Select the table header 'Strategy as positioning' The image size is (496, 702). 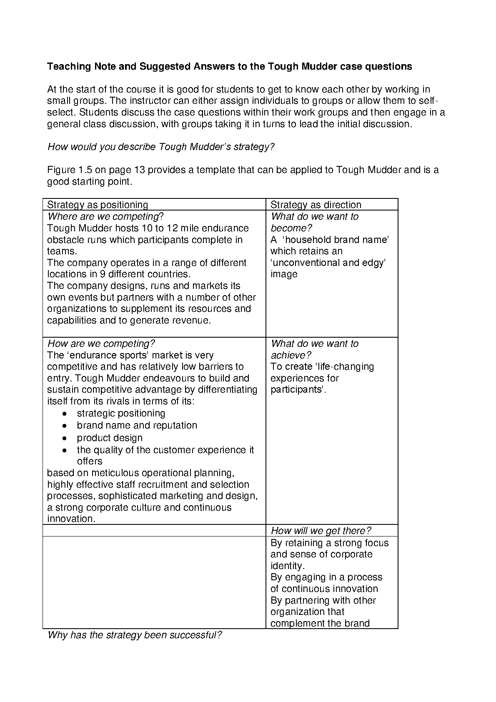click(x=98, y=205)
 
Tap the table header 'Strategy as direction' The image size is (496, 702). click(x=316, y=205)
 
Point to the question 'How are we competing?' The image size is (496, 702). click(x=101, y=343)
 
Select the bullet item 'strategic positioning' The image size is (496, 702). click(x=121, y=413)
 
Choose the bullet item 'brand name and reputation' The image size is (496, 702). click(x=137, y=425)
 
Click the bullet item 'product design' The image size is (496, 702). click(x=110, y=438)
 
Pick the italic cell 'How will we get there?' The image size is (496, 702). click(x=321, y=531)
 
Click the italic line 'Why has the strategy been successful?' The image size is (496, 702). click(x=135, y=635)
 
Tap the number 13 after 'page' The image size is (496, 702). click(x=138, y=170)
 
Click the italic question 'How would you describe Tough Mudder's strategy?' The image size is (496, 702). click(x=161, y=147)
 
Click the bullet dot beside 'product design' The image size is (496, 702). click(x=64, y=438)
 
